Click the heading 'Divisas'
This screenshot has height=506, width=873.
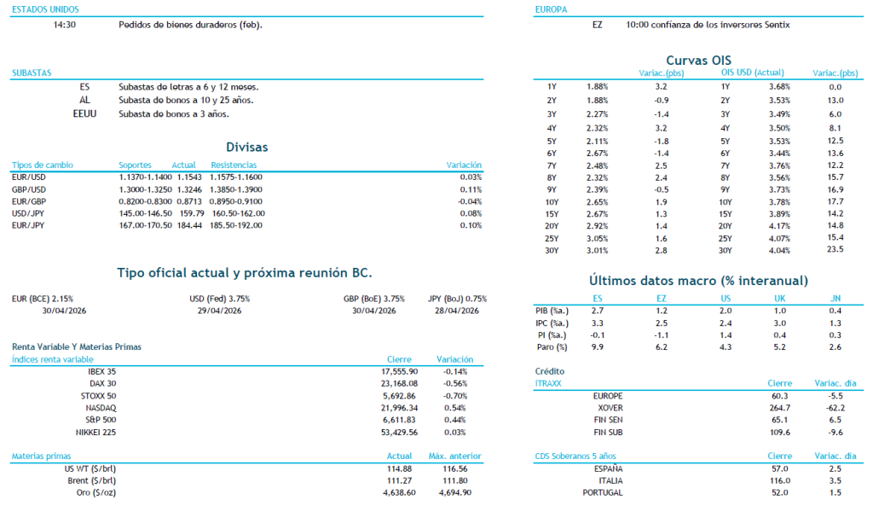[247, 147]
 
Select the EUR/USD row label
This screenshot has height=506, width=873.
[29, 177]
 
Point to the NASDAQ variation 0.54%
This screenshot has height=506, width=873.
[455, 408]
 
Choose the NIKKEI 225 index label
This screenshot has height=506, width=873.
[95, 433]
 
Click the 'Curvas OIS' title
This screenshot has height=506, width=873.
[698, 61]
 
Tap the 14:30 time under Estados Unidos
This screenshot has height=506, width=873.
[65, 25]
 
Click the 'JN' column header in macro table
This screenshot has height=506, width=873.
[835, 298]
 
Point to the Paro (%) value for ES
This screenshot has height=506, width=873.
[597, 347]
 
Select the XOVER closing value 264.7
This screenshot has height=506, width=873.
[779, 408]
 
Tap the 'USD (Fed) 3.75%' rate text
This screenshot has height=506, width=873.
[219, 299]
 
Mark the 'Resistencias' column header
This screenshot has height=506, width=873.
[234, 165]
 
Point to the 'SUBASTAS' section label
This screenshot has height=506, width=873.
[32, 73]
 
